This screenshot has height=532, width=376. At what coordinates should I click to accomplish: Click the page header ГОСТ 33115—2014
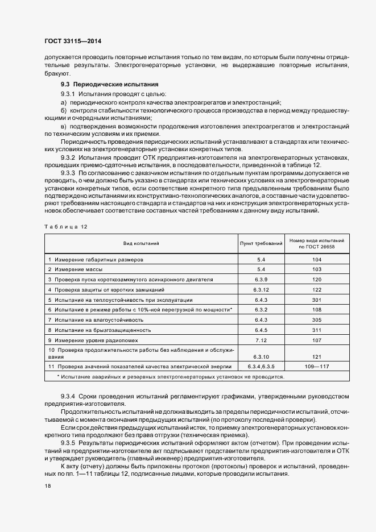tap(72, 41)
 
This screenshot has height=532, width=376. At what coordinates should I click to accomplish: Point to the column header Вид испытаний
tap(141, 244)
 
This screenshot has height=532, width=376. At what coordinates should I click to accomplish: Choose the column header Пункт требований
tap(261, 244)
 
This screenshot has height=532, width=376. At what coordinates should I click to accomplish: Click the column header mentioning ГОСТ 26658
tap(317, 244)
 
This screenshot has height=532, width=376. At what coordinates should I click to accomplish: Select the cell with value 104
tap(317, 259)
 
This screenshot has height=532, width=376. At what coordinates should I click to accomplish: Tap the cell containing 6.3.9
tap(261, 280)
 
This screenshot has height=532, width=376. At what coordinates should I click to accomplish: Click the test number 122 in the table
tap(317, 290)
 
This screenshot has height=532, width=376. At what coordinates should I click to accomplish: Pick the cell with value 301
tap(317, 300)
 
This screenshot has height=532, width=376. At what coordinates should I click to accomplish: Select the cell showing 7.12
tap(261, 340)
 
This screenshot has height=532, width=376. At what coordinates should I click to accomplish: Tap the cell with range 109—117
tap(317, 367)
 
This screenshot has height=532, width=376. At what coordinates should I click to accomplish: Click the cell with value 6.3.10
tap(261, 356)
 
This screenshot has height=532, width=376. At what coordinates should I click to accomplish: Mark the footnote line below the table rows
tap(171, 376)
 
